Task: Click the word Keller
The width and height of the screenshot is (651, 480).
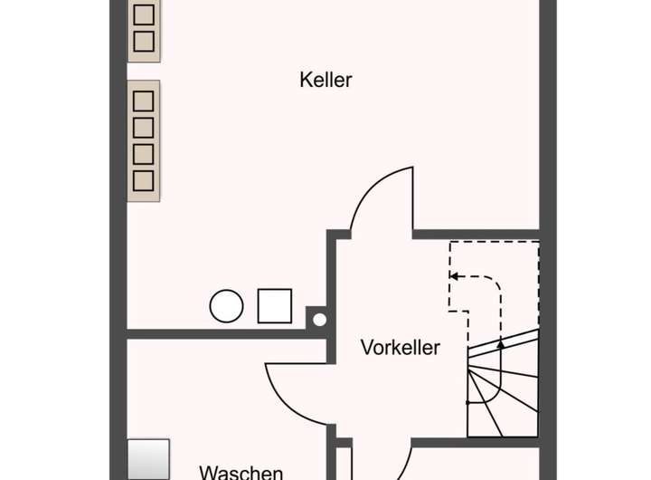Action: [325, 80]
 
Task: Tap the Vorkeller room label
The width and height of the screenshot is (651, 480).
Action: [400, 347]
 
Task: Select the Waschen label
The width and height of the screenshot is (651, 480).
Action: [241, 472]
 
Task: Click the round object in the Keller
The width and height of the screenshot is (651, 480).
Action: [226, 306]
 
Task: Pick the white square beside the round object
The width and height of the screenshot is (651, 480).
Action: [275, 306]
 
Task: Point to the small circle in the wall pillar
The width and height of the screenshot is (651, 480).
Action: [318, 319]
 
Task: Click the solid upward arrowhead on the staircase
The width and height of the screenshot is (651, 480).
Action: [501, 344]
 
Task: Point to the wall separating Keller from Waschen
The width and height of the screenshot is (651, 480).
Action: [226, 334]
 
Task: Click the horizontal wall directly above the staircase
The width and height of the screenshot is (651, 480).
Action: [476, 235]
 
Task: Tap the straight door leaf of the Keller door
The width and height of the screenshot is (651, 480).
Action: [413, 199]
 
